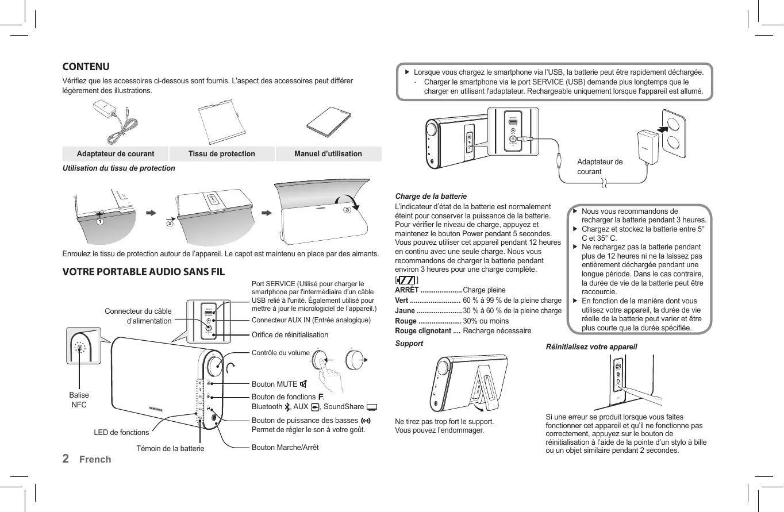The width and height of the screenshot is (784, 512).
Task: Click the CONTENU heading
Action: pos(86,67)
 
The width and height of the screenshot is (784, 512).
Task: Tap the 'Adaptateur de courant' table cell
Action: pos(116,153)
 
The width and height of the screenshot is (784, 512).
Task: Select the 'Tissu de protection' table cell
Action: pos(222,153)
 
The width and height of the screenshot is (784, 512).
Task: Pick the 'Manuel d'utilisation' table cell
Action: pos(328,153)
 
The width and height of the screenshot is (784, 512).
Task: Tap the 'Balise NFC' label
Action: pos(79,400)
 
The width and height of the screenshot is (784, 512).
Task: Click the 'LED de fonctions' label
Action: pos(121,432)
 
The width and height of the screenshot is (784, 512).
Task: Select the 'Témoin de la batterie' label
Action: pos(170,448)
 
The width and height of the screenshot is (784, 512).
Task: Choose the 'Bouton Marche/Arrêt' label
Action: pos(285,447)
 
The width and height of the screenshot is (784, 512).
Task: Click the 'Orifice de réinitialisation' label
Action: pos(290,334)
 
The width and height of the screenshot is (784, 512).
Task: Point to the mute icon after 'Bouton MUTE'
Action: pos(303,384)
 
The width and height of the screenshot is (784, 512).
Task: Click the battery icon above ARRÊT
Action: pos(406,280)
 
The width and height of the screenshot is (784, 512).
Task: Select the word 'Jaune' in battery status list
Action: pos(405,310)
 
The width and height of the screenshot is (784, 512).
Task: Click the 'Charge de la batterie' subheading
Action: pos(431,196)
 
